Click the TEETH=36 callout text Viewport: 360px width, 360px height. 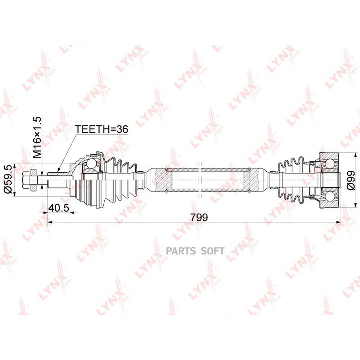(x=102, y=129)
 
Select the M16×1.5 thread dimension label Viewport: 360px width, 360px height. (x=37, y=137)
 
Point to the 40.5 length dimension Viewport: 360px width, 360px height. (x=58, y=208)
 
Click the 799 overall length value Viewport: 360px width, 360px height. (x=199, y=217)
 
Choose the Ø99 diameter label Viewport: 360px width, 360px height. (x=351, y=180)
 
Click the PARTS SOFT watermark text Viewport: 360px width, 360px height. (x=195, y=251)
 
